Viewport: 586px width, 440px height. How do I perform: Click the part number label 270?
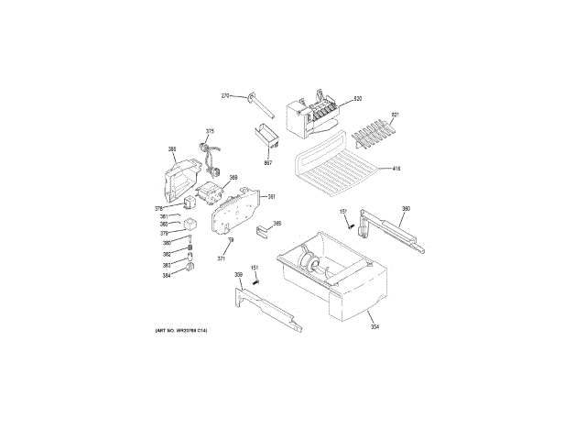(x=226, y=96)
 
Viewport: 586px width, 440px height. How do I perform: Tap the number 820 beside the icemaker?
(x=358, y=98)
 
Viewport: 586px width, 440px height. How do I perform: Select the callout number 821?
(x=396, y=115)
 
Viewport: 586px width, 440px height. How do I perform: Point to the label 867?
(x=268, y=163)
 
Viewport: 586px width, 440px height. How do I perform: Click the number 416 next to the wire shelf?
(x=396, y=168)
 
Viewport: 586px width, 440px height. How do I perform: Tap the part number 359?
(x=238, y=275)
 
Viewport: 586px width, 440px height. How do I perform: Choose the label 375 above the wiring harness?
(x=210, y=131)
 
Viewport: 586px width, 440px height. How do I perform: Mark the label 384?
(x=167, y=275)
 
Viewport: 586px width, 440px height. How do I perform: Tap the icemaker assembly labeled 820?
(x=312, y=114)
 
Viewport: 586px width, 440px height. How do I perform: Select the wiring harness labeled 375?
(x=212, y=156)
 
